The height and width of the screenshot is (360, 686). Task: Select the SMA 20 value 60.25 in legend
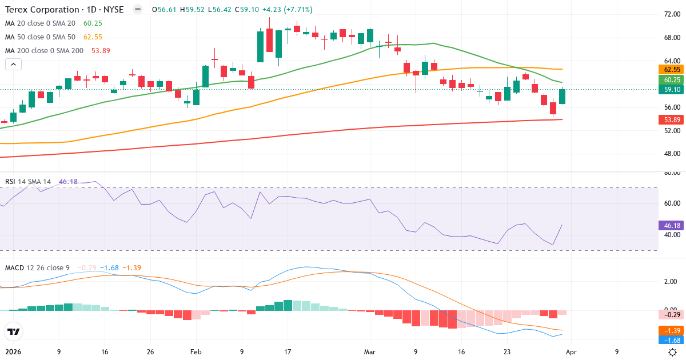[x=93, y=23]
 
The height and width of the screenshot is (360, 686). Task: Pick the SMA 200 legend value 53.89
[x=100, y=50]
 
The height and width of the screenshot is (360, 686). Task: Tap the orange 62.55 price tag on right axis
[x=671, y=69]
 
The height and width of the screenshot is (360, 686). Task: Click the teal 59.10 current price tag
[x=671, y=90]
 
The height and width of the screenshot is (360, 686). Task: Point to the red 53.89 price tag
[x=671, y=119]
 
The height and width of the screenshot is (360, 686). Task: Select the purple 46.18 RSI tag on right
[x=671, y=226]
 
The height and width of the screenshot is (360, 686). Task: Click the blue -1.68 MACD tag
[x=671, y=340]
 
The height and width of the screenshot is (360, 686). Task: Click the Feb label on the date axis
[x=196, y=352]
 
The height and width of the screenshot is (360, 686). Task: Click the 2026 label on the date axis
[x=13, y=352]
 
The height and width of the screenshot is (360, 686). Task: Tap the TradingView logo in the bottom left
[x=14, y=331]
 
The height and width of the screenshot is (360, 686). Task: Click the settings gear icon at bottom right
[x=673, y=352]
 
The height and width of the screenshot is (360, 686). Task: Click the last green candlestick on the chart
[x=563, y=97]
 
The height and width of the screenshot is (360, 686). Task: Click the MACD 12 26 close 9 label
[x=37, y=268]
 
